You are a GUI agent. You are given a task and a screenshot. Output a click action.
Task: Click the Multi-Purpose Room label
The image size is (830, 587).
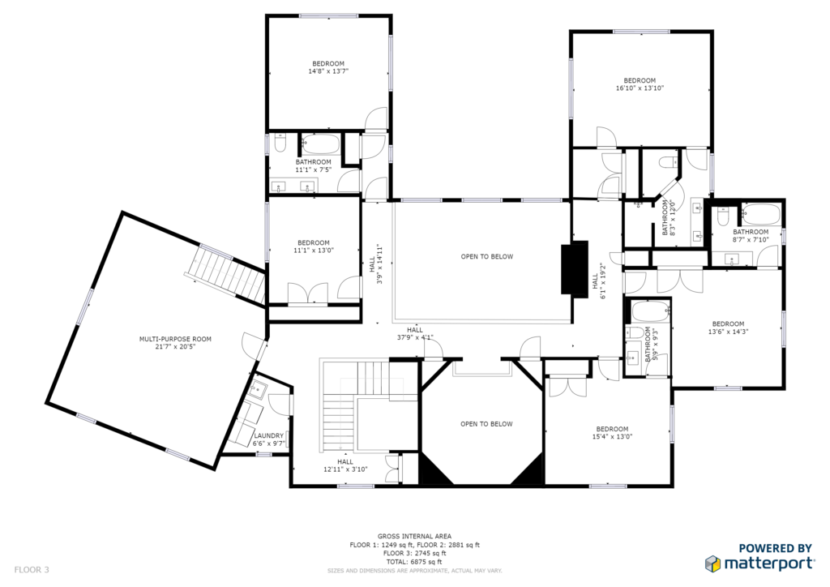pyautogui.click(x=175, y=339)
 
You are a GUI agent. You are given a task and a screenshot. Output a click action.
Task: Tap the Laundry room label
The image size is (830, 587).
pyautogui.click(x=269, y=435)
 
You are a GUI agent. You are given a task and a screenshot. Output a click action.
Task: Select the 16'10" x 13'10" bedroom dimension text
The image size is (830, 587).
pyautogui.click(x=640, y=88)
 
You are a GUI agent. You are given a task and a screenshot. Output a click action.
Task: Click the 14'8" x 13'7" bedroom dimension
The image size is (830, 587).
pyautogui.click(x=328, y=71)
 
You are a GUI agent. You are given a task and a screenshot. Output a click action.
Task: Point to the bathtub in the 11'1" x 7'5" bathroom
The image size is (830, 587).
pyautogui.click(x=320, y=144)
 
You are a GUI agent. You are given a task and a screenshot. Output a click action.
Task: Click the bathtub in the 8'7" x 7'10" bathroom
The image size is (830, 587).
pyautogui.click(x=760, y=214)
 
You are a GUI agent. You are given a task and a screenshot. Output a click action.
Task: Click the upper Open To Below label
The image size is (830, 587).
pyautogui.click(x=487, y=257)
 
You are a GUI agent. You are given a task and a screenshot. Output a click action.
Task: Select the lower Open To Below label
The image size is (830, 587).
pyautogui.click(x=486, y=424)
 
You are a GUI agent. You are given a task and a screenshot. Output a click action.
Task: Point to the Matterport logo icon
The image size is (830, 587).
pyautogui.click(x=713, y=563)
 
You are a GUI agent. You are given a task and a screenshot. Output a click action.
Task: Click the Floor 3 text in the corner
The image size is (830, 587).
pyautogui.click(x=32, y=570)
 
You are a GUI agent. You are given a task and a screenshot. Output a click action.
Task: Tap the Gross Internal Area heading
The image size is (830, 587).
pyautogui.click(x=414, y=536)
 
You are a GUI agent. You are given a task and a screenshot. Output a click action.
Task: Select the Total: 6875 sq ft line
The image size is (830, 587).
pyautogui.click(x=414, y=562)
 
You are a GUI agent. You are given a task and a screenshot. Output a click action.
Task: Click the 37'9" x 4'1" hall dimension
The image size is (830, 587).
pyautogui.click(x=415, y=337)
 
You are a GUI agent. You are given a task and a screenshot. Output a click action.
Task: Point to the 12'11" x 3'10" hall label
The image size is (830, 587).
pyautogui.click(x=345, y=465)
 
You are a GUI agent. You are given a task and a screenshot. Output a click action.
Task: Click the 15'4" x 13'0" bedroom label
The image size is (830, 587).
pyautogui.click(x=613, y=433)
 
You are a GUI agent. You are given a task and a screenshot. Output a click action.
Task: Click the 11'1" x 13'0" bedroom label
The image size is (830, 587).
pyautogui.click(x=314, y=246)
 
